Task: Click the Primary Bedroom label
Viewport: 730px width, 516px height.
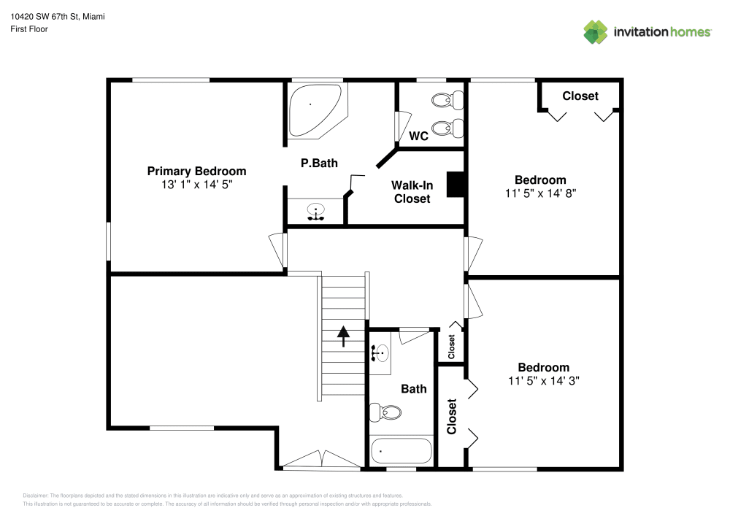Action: pyautogui.click(x=196, y=171)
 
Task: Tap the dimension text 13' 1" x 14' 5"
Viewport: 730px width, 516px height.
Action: pyautogui.click(x=196, y=185)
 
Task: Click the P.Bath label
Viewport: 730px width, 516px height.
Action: pyautogui.click(x=319, y=163)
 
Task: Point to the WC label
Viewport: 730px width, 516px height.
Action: pyautogui.click(x=418, y=136)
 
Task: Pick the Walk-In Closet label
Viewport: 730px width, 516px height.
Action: pyautogui.click(x=412, y=192)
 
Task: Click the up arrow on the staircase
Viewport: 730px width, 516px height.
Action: pyautogui.click(x=343, y=336)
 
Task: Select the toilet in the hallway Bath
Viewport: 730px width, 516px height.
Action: pyautogui.click(x=385, y=413)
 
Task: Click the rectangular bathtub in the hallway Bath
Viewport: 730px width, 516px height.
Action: pyautogui.click(x=401, y=451)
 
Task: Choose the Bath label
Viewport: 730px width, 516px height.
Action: pyautogui.click(x=414, y=389)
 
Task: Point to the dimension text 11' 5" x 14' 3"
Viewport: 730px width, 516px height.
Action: pyautogui.click(x=543, y=381)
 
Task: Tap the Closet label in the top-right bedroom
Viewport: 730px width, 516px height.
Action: pyautogui.click(x=580, y=96)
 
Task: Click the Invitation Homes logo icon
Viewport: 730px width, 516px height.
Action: pyautogui.click(x=596, y=31)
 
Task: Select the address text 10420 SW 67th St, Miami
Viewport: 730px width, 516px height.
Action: pyautogui.click(x=57, y=15)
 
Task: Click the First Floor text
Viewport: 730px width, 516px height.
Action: pyautogui.click(x=29, y=29)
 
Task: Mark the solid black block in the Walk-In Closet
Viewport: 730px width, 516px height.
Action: pyautogui.click(x=456, y=185)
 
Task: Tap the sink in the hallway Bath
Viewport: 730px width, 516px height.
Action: pyautogui.click(x=378, y=353)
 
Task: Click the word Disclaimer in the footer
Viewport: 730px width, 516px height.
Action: pyautogui.click(x=36, y=495)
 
